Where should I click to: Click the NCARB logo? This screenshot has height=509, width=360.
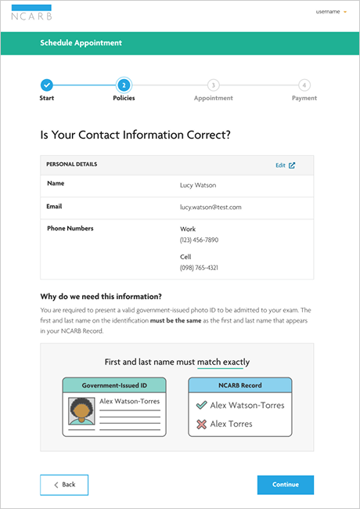32,13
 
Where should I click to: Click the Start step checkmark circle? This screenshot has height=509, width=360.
46,85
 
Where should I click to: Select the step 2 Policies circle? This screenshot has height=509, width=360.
124,85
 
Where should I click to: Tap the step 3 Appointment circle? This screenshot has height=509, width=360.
213,85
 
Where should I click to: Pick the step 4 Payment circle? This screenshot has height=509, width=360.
304,85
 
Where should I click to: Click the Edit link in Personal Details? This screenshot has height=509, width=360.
285,165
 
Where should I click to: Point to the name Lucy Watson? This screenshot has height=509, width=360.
197,186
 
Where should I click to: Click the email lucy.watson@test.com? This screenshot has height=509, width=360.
211,208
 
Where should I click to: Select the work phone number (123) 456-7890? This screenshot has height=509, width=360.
199,240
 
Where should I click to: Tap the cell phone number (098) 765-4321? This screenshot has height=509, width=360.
199,268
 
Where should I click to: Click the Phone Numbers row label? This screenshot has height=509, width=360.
70,229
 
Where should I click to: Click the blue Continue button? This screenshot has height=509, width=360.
285,485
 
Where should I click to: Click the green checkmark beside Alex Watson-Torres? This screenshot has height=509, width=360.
201,405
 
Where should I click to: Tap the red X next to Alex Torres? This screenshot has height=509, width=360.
201,424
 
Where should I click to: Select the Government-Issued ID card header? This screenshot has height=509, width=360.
114,385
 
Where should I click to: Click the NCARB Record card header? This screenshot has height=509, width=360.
239,385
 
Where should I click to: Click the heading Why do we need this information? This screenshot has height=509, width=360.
101,296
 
